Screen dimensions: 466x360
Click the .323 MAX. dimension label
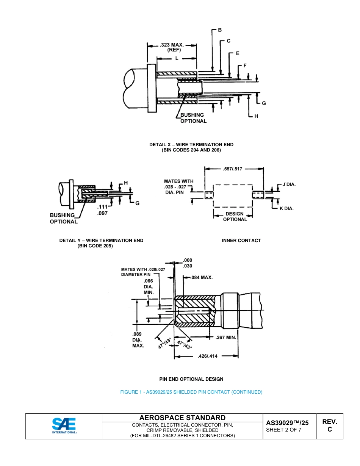[x=172, y=45]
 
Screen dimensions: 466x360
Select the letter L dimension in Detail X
[x=177, y=58]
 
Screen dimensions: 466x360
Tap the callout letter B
[x=219, y=30]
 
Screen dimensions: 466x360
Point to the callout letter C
[x=229, y=41]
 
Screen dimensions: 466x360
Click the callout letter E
[x=238, y=53]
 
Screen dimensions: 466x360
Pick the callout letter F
[x=245, y=66]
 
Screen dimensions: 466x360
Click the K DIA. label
[x=286, y=208]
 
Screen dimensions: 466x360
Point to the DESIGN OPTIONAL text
[x=235, y=216]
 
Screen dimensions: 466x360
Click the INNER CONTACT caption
[x=241, y=241]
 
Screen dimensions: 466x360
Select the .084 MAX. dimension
[x=201, y=277]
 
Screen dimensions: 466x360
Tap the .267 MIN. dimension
[x=226, y=337]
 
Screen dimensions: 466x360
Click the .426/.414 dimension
[x=208, y=356]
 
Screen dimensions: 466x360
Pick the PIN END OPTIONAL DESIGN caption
[x=191, y=379]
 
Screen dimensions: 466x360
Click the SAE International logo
[x=64, y=426]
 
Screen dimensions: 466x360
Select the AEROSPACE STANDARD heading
[x=182, y=418]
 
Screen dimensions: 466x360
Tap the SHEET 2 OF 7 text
[x=284, y=430]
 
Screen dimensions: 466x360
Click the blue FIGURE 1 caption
[x=191, y=392]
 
